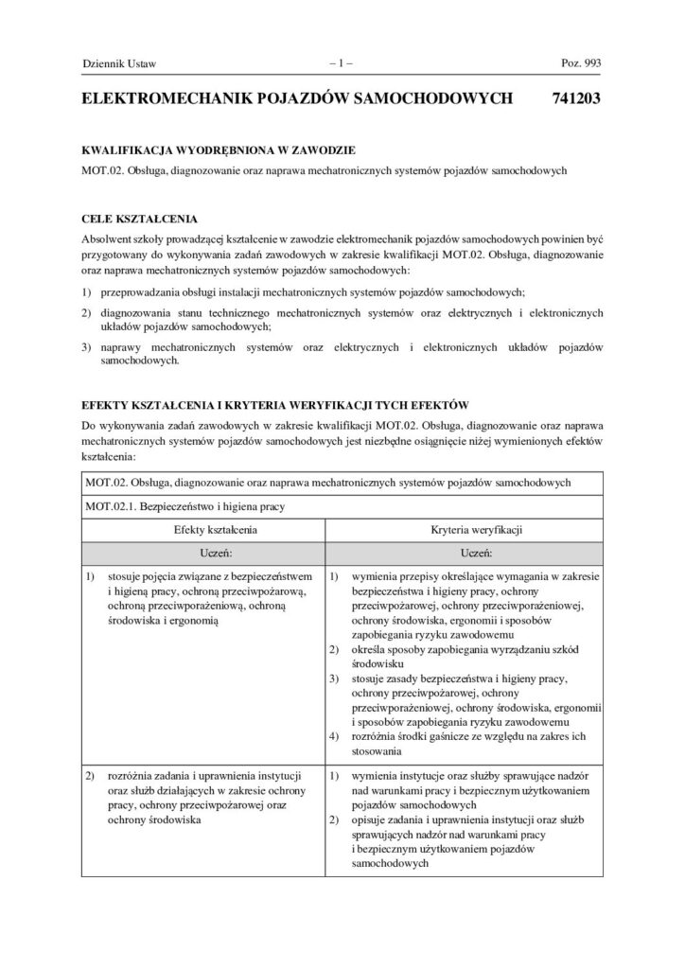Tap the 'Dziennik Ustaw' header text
click(x=120, y=64)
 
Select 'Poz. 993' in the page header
click(x=581, y=64)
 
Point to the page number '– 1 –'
click(x=342, y=64)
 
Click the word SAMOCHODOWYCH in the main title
click(x=433, y=97)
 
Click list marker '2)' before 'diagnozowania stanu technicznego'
click(x=88, y=312)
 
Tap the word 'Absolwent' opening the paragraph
click(x=108, y=241)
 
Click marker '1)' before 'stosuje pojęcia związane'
click(x=91, y=575)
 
